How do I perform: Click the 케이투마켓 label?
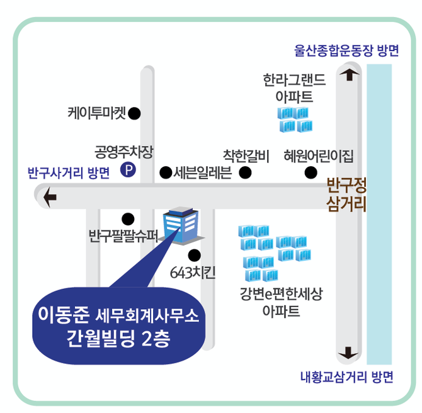pyautogui.click(x=96, y=114)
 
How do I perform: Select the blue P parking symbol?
pyautogui.click(x=129, y=170)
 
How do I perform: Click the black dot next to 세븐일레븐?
pyautogui.click(x=166, y=172)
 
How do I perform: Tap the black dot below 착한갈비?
pyautogui.click(x=246, y=172)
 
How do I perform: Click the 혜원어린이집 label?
pyautogui.click(x=319, y=155)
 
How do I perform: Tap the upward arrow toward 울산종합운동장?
pyautogui.click(x=347, y=75)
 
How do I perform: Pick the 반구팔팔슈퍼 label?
pyautogui.click(x=120, y=237)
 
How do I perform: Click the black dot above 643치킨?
pyautogui.click(x=194, y=255)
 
